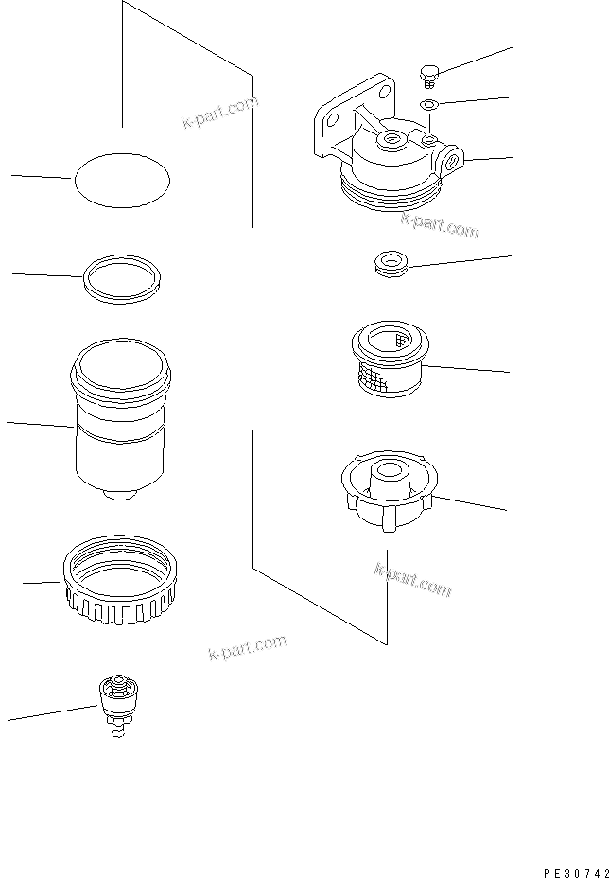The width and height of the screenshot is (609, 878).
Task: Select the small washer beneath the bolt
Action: tap(428, 103)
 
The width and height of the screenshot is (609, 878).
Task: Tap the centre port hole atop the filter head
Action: tap(390, 142)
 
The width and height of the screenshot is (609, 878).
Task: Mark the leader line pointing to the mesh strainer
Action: tap(468, 368)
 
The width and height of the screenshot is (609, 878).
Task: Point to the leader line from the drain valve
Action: tap(52, 714)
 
